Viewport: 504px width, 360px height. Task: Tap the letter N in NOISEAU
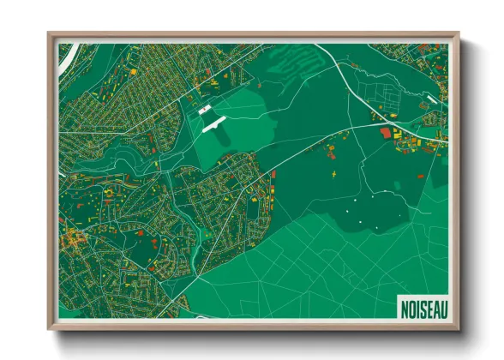(x=403, y=306)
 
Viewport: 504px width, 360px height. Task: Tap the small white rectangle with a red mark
(x=204, y=110)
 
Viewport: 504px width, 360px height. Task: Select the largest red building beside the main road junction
(x=385, y=134)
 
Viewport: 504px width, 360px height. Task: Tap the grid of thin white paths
(x=343, y=257)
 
